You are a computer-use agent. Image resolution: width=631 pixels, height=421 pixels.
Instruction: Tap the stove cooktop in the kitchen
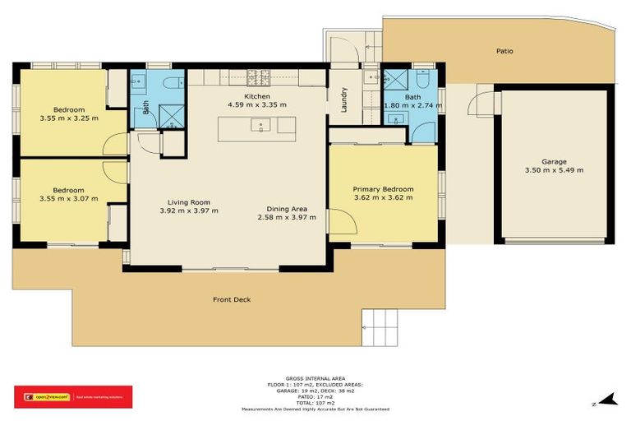tap(259, 79)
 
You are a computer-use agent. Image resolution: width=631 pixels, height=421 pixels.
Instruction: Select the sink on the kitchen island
tap(262, 126)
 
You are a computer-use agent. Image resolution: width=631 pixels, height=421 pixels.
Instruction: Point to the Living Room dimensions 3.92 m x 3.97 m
tap(189, 210)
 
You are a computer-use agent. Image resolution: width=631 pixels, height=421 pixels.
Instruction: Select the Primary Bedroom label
tap(383, 189)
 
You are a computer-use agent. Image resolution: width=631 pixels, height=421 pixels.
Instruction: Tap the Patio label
tap(504, 51)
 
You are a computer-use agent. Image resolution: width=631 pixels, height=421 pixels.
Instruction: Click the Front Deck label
tap(231, 299)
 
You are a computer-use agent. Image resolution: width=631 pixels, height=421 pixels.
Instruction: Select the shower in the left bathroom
tap(172, 114)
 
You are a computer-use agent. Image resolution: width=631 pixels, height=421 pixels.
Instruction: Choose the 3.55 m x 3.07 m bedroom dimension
tap(68, 198)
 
